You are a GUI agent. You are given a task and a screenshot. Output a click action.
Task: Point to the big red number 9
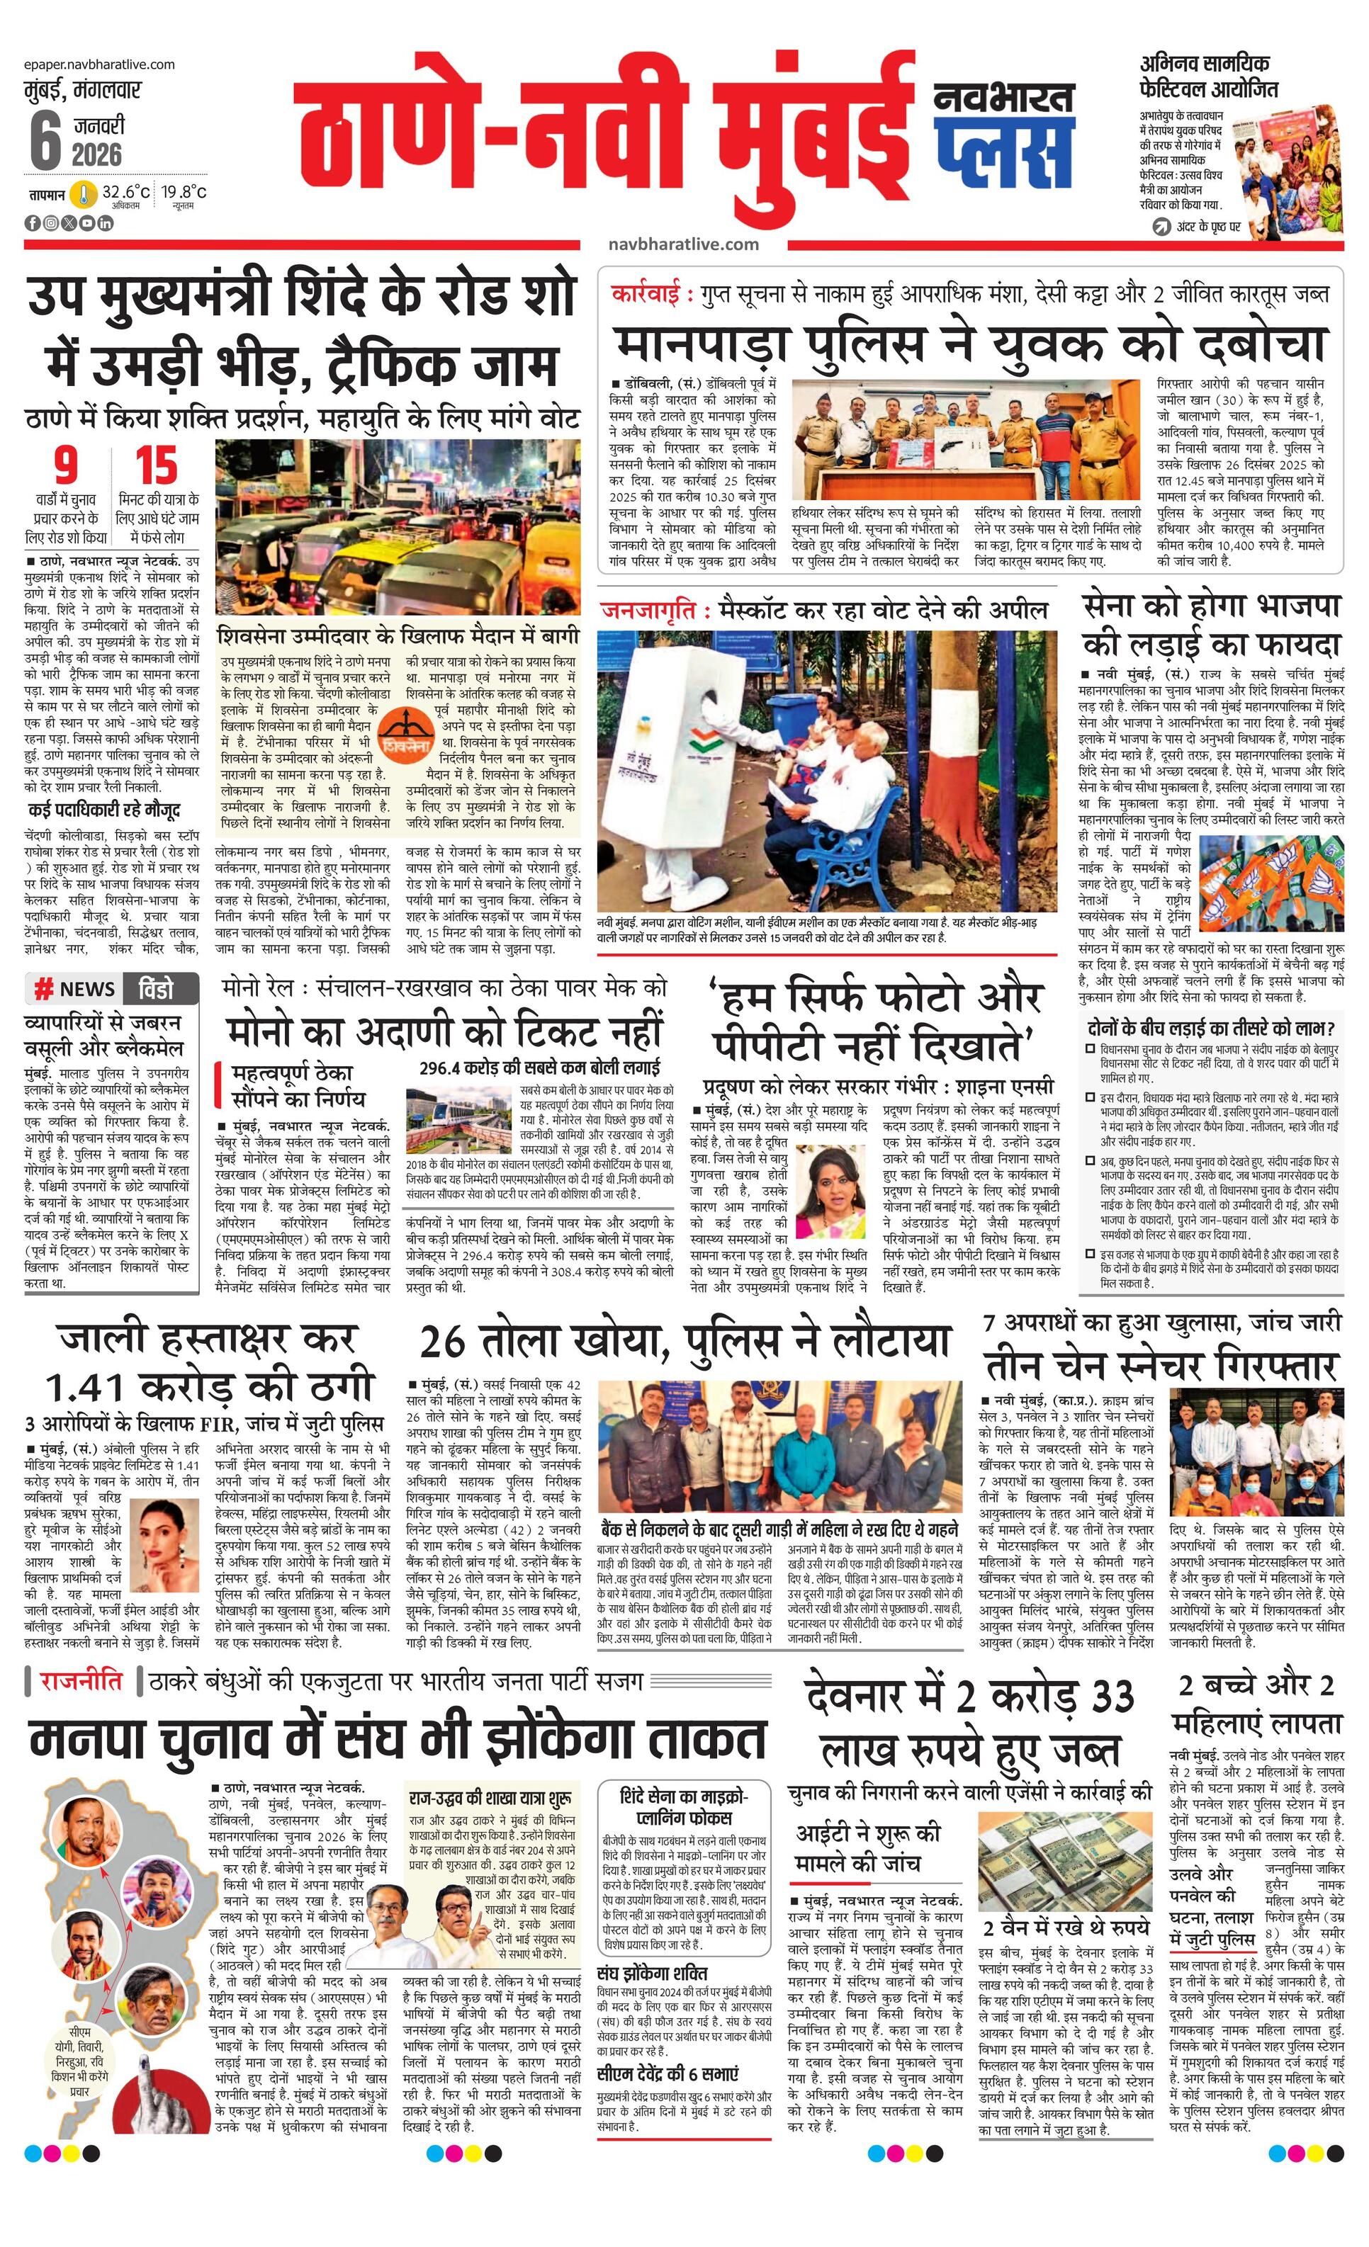point(66,465)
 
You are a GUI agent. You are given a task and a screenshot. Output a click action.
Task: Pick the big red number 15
point(156,465)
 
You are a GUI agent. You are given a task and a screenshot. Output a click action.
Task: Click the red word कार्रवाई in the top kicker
point(651,295)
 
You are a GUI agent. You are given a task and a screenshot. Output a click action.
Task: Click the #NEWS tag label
point(76,988)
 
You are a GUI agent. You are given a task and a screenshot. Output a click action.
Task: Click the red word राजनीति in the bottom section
point(80,1680)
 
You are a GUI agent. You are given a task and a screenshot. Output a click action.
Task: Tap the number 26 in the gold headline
point(448,1342)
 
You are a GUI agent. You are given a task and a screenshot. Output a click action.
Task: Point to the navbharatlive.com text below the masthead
point(683,244)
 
